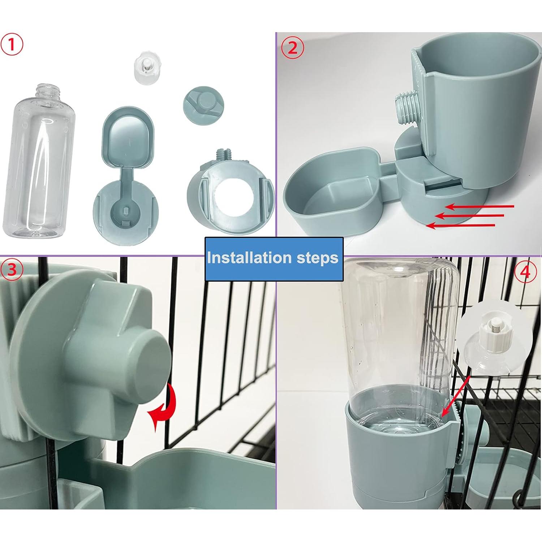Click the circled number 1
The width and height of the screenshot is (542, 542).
tap(12, 45)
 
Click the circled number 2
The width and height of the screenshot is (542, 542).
tap(292, 48)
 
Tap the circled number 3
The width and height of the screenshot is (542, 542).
tap(12, 270)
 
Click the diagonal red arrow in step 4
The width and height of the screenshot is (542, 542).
tap(456, 396)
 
